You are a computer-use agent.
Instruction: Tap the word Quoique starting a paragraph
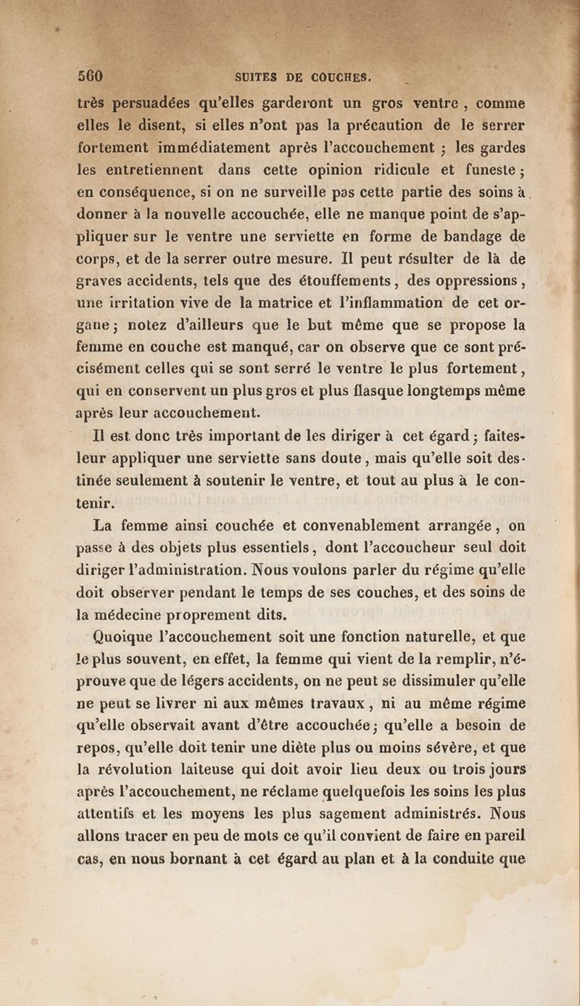pyautogui.click(x=128, y=638)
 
